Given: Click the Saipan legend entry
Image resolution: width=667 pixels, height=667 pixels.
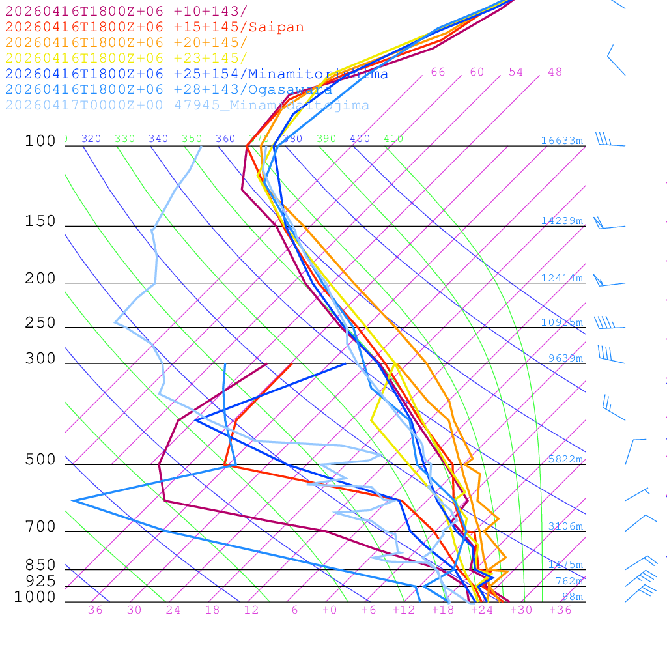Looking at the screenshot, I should click(x=154, y=27).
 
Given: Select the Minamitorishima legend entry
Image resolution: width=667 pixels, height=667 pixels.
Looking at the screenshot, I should click(x=196, y=74).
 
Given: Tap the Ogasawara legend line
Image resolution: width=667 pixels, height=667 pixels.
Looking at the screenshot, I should click(x=168, y=90).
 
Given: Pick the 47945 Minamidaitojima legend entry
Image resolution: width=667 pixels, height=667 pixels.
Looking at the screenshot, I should click(x=187, y=106).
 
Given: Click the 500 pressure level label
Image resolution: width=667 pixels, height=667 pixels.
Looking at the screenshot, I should click(x=40, y=460).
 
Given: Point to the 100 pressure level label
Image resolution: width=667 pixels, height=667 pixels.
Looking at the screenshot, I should click(x=40, y=141).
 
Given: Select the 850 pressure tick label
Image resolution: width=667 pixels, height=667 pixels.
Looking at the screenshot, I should click(x=40, y=565).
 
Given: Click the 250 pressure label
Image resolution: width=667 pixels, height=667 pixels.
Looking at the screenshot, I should click(x=40, y=323).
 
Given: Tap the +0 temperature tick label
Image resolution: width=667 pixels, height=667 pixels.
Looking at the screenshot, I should click(x=330, y=610).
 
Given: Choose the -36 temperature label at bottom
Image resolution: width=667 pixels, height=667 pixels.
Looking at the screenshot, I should click(x=91, y=610).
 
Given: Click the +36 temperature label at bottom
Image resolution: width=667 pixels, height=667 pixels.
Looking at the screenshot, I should click(x=560, y=610).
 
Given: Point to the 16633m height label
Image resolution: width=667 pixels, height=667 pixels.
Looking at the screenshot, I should click(x=561, y=141).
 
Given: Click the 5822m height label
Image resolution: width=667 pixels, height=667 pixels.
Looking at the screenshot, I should click(x=565, y=459).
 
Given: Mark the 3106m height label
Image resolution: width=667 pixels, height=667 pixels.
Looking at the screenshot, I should click(x=565, y=526).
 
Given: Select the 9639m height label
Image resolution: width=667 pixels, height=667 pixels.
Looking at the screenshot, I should click(x=565, y=358).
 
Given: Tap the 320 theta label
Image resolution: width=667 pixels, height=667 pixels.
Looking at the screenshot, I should click(x=91, y=139).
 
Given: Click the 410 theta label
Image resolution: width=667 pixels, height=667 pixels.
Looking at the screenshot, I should click(x=393, y=139).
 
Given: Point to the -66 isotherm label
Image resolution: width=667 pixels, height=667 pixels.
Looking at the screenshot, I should click(x=434, y=72).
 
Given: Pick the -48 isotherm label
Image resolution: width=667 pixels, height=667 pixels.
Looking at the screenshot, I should click(x=551, y=72).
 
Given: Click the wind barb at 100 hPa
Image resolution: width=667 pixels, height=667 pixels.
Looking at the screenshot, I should click(x=609, y=141).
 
